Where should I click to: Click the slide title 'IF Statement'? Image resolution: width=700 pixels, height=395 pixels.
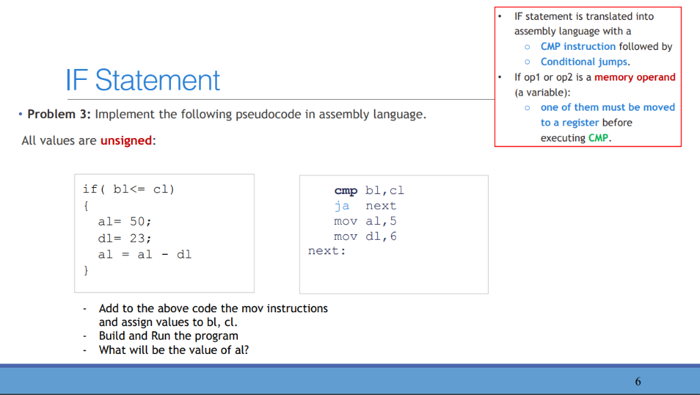coord(143,81)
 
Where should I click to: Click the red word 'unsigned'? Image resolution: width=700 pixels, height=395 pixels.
coord(126,141)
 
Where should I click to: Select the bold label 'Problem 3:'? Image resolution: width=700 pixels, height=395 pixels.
coord(59,114)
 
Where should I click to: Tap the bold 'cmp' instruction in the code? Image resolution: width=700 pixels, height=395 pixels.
coord(345,191)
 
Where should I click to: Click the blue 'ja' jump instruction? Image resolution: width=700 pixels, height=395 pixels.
coord(342,206)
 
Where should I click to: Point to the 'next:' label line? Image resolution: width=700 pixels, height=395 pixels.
coord(327,251)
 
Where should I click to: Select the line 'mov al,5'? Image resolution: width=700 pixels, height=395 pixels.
coord(365,221)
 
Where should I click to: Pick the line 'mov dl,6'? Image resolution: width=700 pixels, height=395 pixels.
coord(365,236)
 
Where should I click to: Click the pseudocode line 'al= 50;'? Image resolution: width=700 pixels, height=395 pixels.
coord(124,221)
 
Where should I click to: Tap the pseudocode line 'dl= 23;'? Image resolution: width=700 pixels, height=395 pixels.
coord(124,239)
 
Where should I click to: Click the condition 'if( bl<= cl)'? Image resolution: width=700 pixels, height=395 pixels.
coord(129,189)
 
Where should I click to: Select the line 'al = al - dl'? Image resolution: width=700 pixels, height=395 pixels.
coord(145,254)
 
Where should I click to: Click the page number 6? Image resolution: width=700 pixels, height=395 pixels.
coord(638,381)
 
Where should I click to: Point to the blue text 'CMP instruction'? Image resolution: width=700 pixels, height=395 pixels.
coord(578,46)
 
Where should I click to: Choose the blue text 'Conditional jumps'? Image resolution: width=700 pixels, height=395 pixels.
coord(584,62)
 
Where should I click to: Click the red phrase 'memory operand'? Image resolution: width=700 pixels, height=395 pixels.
coord(635,77)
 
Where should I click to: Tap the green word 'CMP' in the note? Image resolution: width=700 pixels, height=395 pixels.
coord(598,138)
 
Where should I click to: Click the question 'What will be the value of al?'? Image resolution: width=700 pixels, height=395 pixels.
coord(174,350)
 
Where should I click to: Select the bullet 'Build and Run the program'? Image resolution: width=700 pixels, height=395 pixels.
coord(168,336)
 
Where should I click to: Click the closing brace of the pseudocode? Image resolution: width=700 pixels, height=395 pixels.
coord(85,271)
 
